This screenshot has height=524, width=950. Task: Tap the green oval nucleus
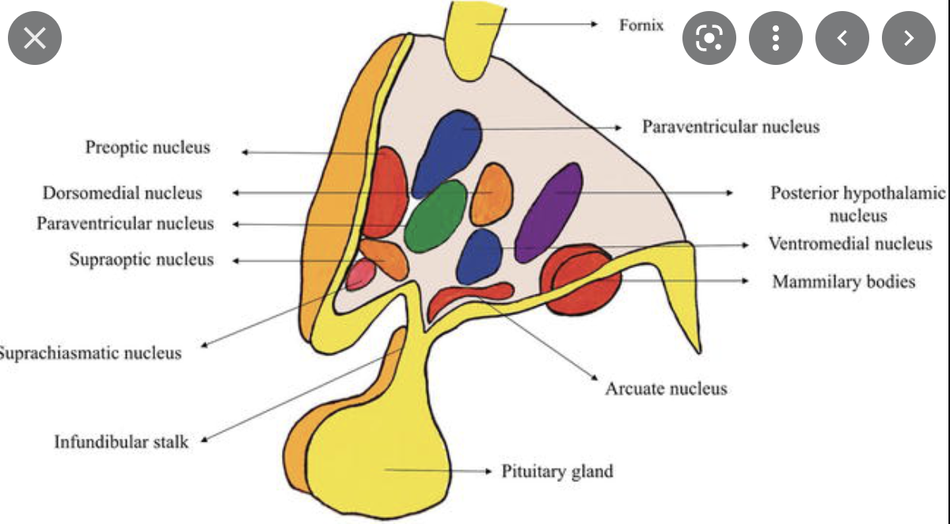point(435,217)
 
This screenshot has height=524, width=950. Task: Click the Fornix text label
point(641,25)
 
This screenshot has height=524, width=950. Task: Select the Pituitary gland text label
point(557,472)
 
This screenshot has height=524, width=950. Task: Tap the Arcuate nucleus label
point(666,389)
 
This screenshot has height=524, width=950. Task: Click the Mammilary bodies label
point(844,281)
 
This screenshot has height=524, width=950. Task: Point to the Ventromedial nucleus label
point(850,243)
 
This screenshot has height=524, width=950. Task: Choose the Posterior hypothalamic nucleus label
point(858,204)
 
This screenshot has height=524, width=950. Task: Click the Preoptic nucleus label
point(148,147)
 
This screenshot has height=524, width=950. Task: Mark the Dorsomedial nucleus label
point(122,193)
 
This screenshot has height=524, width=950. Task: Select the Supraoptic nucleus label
point(141,260)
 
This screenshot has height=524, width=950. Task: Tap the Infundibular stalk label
point(121,442)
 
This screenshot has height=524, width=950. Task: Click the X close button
point(34,37)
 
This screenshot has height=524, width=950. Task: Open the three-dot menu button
point(775,37)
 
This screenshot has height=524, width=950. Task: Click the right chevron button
point(908,37)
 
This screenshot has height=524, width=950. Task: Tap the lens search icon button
point(709,37)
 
